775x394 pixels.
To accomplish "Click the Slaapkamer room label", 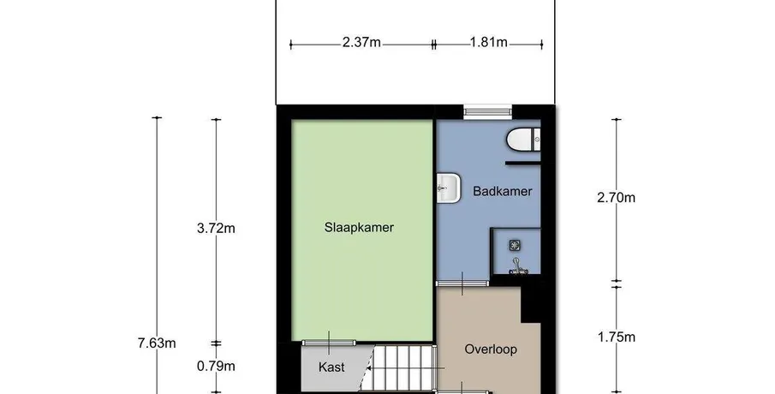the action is [359, 227].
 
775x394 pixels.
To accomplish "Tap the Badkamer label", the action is [502, 191].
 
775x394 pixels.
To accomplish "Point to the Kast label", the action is [331, 367].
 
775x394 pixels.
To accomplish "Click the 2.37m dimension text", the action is [361, 43].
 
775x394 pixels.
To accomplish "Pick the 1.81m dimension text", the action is [488, 43].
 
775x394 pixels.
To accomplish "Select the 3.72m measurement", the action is [216, 229].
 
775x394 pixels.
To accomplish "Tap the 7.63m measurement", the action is [157, 343].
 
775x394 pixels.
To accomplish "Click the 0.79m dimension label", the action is [216, 367].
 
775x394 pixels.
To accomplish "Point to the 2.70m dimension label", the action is [617, 198].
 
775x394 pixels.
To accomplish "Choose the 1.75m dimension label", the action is [617, 337].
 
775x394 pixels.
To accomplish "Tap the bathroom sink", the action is [449, 188].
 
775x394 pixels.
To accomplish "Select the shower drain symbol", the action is [515, 245].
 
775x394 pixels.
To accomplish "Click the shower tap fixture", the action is [517, 266].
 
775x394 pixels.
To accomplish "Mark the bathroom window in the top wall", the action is [487, 112].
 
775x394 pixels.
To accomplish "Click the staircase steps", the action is [402, 368].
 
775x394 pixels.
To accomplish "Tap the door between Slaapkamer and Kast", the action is [329, 342].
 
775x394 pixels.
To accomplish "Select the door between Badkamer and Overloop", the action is [462, 284].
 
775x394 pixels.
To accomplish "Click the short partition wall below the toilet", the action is [523, 163].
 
